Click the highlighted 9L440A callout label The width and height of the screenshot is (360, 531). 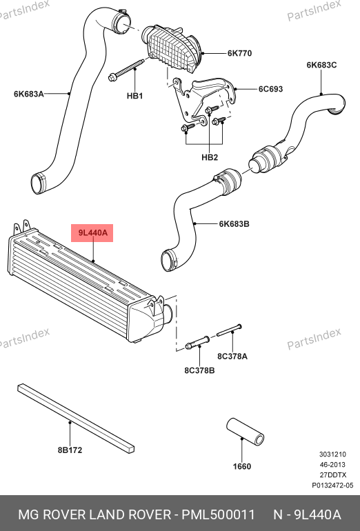click(x=92, y=233)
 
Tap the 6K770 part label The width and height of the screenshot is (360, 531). click(x=239, y=53)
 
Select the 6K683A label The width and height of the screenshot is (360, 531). click(x=29, y=94)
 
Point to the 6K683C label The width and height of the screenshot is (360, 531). click(x=322, y=65)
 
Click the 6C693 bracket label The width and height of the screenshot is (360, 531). click(x=270, y=89)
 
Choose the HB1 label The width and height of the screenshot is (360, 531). click(x=134, y=96)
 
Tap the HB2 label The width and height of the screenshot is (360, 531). click(x=210, y=157)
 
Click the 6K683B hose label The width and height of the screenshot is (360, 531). click(x=234, y=224)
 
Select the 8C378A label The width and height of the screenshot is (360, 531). click(x=232, y=357)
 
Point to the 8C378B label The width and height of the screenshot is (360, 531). click(x=199, y=370)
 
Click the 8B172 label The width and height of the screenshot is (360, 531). click(x=70, y=450)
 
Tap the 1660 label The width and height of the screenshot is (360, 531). click(x=242, y=467)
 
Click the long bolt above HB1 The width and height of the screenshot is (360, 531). click(x=127, y=70)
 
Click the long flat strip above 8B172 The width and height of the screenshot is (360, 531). click(x=76, y=418)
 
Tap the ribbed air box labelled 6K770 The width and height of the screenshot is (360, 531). click(x=172, y=49)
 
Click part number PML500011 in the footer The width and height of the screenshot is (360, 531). click(x=218, y=514)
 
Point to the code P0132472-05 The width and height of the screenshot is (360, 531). click(x=332, y=485)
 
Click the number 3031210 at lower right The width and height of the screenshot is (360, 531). click(x=332, y=454)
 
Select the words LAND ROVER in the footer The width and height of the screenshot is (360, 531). click(x=130, y=514)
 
